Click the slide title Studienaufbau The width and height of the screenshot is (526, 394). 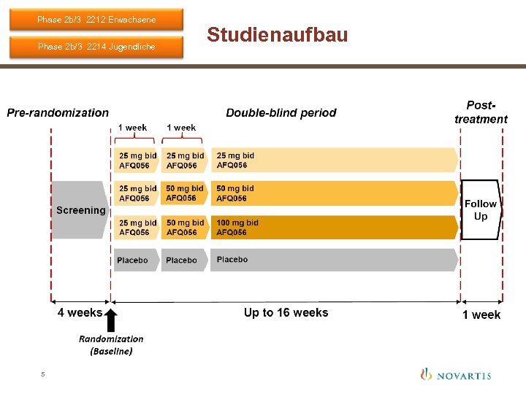click(x=277, y=34)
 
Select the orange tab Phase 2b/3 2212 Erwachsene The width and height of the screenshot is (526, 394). click(x=96, y=19)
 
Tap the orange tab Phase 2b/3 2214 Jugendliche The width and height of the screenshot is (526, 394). click(x=96, y=47)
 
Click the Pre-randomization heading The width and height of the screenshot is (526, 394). click(x=58, y=113)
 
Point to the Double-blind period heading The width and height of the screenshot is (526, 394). click(x=281, y=113)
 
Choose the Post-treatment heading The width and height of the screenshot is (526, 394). click(x=481, y=112)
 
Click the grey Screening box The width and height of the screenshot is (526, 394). click(x=80, y=210)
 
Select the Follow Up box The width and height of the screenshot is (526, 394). click(x=480, y=210)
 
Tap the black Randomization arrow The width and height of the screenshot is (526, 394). click(x=111, y=320)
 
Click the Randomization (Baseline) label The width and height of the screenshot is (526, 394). click(x=111, y=344)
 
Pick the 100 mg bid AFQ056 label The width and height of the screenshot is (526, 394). click(x=237, y=227)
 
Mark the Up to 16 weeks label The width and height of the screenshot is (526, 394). click(x=286, y=312)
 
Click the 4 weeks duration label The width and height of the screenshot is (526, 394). click(x=80, y=313)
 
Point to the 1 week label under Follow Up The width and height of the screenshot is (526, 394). click(x=481, y=314)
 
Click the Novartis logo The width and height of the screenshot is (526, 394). click(x=455, y=375)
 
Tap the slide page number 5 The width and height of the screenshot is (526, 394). click(x=42, y=374)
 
